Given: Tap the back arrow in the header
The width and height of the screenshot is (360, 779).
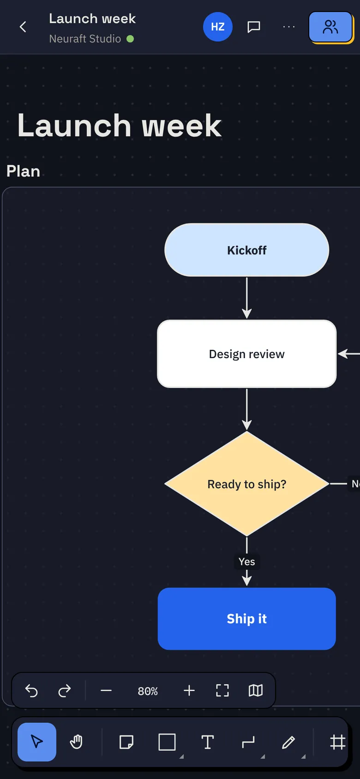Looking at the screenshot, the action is [23, 27].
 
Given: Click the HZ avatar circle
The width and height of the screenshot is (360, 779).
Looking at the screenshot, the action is [218, 27].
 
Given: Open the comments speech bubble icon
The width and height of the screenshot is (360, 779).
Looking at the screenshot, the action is [253, 27].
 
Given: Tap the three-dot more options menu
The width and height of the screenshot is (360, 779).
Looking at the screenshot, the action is [289, 27].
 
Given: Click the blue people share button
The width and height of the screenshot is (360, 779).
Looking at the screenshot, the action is [330, 27].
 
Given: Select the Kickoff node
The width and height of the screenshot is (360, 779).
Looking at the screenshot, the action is [246, 250].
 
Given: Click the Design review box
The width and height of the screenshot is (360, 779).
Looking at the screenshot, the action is [246, 354].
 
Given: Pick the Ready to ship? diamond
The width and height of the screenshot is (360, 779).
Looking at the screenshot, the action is [246, 484].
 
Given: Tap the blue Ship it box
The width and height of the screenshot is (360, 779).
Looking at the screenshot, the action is [246, 619].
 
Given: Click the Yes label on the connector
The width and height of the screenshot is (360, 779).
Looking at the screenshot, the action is [246, 562].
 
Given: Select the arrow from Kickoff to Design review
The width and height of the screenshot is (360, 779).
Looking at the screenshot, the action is [246, 298].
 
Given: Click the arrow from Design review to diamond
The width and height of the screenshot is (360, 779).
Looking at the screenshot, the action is [246, 409].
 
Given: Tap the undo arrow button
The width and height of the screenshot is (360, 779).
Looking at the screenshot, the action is [31, 690].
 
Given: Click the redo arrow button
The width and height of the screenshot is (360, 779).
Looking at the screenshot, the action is [64, 690].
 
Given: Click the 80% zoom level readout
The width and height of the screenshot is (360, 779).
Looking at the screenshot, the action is [148, 691].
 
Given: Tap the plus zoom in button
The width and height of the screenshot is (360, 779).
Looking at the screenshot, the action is [189, 690].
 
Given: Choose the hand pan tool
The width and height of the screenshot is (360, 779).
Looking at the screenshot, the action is [76, 742].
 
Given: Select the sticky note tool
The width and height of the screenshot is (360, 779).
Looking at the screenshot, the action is [126, 742].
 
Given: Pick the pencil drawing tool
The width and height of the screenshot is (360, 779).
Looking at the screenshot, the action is [288, 742].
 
